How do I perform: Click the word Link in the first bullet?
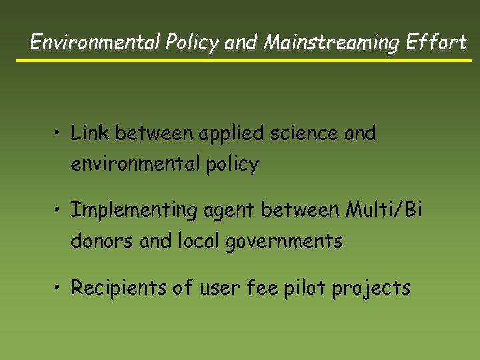[91, 133]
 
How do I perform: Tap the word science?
[307, 133]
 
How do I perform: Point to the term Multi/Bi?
[383, 210]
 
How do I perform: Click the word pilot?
[311, 289]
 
